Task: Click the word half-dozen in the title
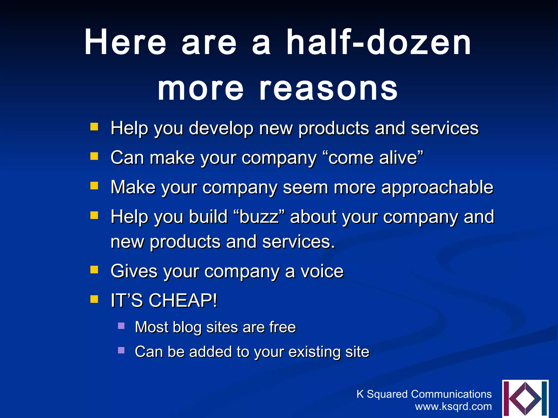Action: coord(379,43)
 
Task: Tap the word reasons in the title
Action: coord(328,89)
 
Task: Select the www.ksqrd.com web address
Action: coord(453,407)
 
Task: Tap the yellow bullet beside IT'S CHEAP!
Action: coord(94,299)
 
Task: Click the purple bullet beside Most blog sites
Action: coord(121,326)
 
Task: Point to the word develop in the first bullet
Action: coord(221,128)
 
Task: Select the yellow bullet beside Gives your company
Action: coord(94,270)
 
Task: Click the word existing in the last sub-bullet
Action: coord(315,352)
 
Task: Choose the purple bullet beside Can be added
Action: coord(121,350)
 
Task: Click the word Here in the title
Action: coord(125,43)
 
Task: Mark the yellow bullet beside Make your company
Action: coord(94,186)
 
